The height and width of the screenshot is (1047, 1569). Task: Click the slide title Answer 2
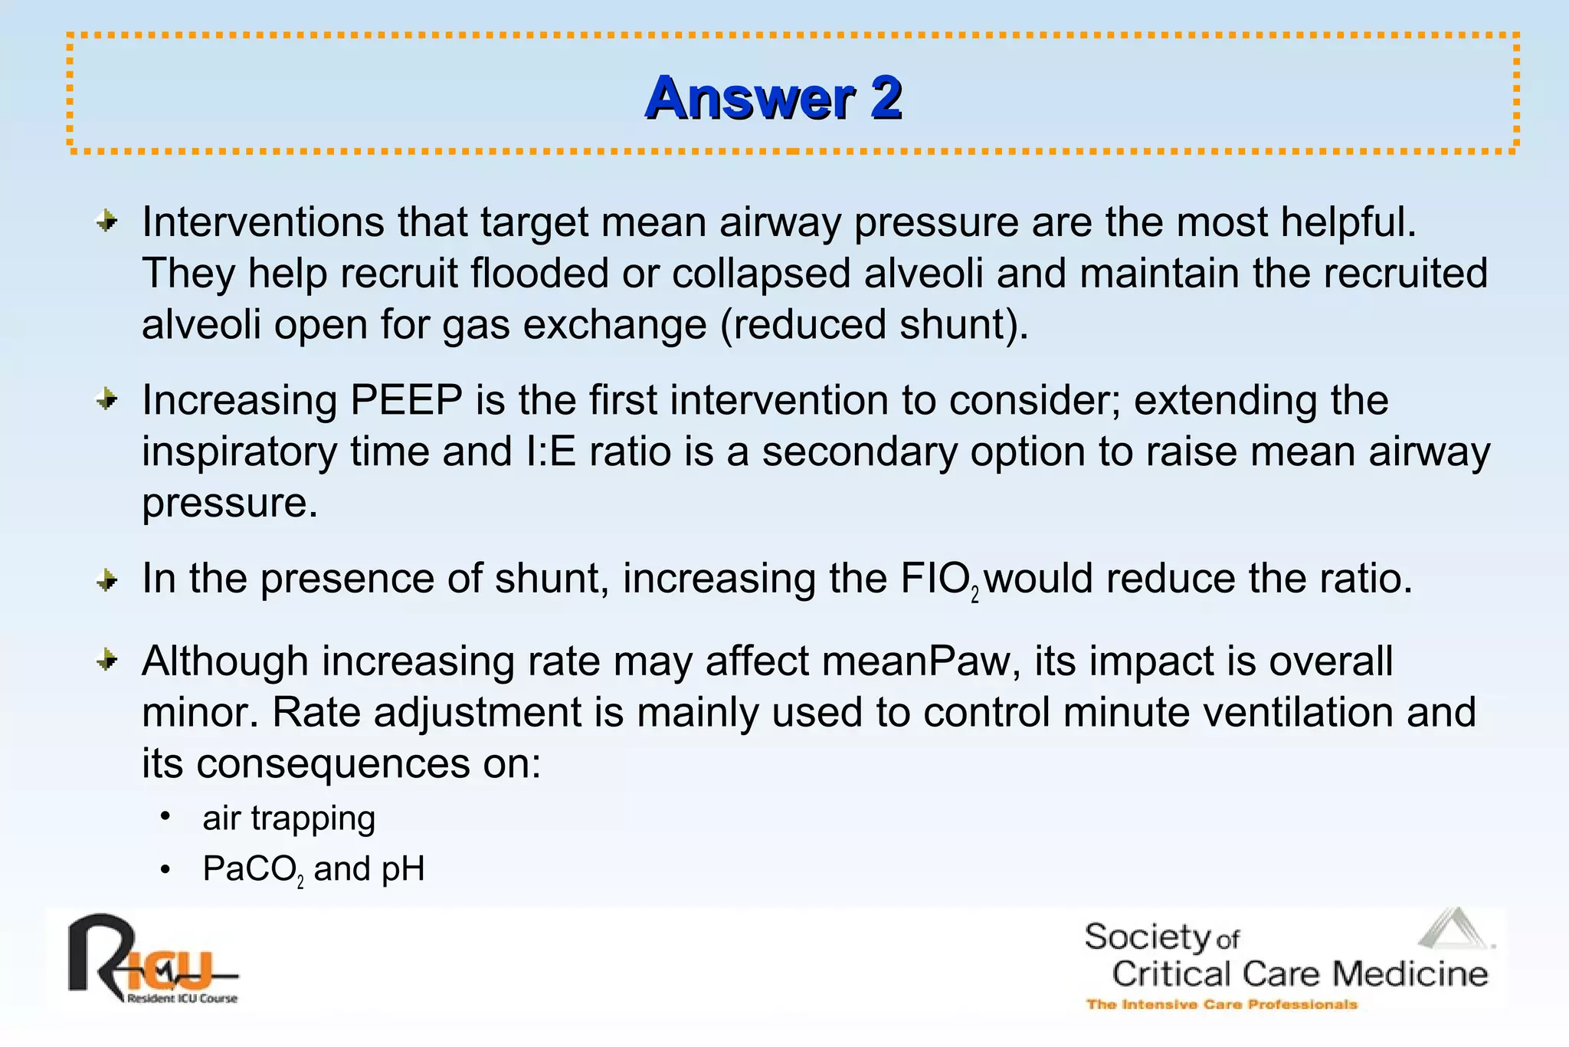coord(773,98)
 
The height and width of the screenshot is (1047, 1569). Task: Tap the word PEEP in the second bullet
coord(406,400)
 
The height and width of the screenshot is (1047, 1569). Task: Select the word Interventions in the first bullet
coord(263,222)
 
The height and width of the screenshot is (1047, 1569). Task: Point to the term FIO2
coord(938,579)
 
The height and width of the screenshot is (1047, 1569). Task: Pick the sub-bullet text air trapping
coord(288,818)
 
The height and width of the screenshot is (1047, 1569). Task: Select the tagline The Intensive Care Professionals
coord(1221,1004)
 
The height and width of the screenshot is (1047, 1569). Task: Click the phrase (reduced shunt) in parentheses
coord(873,324)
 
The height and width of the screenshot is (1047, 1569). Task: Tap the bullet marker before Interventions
coord(107,222)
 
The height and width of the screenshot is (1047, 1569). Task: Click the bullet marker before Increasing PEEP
coord(107,399)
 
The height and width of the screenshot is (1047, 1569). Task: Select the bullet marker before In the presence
coord(107,580)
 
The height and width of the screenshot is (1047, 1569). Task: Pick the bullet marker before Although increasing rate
coord(107,660)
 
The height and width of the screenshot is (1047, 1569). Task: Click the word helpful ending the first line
coord(1348,222)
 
